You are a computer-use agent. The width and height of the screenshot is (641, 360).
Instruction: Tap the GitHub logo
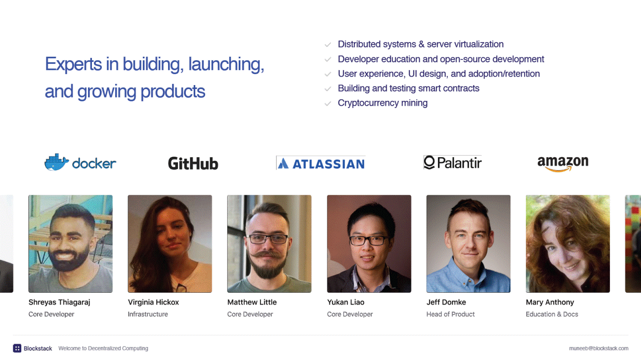point(193,163)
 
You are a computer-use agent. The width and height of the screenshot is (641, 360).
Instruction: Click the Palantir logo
point(452,162)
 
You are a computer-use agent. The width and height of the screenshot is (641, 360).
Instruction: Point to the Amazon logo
point(563,164)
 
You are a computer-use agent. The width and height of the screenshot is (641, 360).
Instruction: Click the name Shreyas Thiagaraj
point(59,302)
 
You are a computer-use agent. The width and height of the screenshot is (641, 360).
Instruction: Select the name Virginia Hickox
point(153,302)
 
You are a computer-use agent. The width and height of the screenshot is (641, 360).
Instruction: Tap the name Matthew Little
point(252,302)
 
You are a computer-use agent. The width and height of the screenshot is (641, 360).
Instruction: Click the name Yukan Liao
point(345,302)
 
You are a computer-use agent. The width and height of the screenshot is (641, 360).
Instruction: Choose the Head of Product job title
point(450,314)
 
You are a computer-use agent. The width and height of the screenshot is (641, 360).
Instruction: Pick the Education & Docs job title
point(552,314)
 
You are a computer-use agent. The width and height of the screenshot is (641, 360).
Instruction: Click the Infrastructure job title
point(148,314)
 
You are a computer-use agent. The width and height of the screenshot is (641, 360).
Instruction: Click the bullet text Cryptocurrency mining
point(383,103)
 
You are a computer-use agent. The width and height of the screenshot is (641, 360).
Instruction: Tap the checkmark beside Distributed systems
point(328,45)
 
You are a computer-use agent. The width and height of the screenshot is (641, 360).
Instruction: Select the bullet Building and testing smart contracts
point(408,88)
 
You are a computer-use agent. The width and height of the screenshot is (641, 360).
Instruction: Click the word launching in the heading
point(226,64)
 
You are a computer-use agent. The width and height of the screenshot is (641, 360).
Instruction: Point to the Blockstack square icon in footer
point(17,348)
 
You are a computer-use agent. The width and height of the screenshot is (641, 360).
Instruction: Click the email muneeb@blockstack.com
point(598,348)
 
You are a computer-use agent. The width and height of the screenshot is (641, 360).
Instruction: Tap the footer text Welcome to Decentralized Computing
point(103,348)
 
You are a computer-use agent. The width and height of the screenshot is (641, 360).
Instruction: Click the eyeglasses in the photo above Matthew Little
point(268,239)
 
